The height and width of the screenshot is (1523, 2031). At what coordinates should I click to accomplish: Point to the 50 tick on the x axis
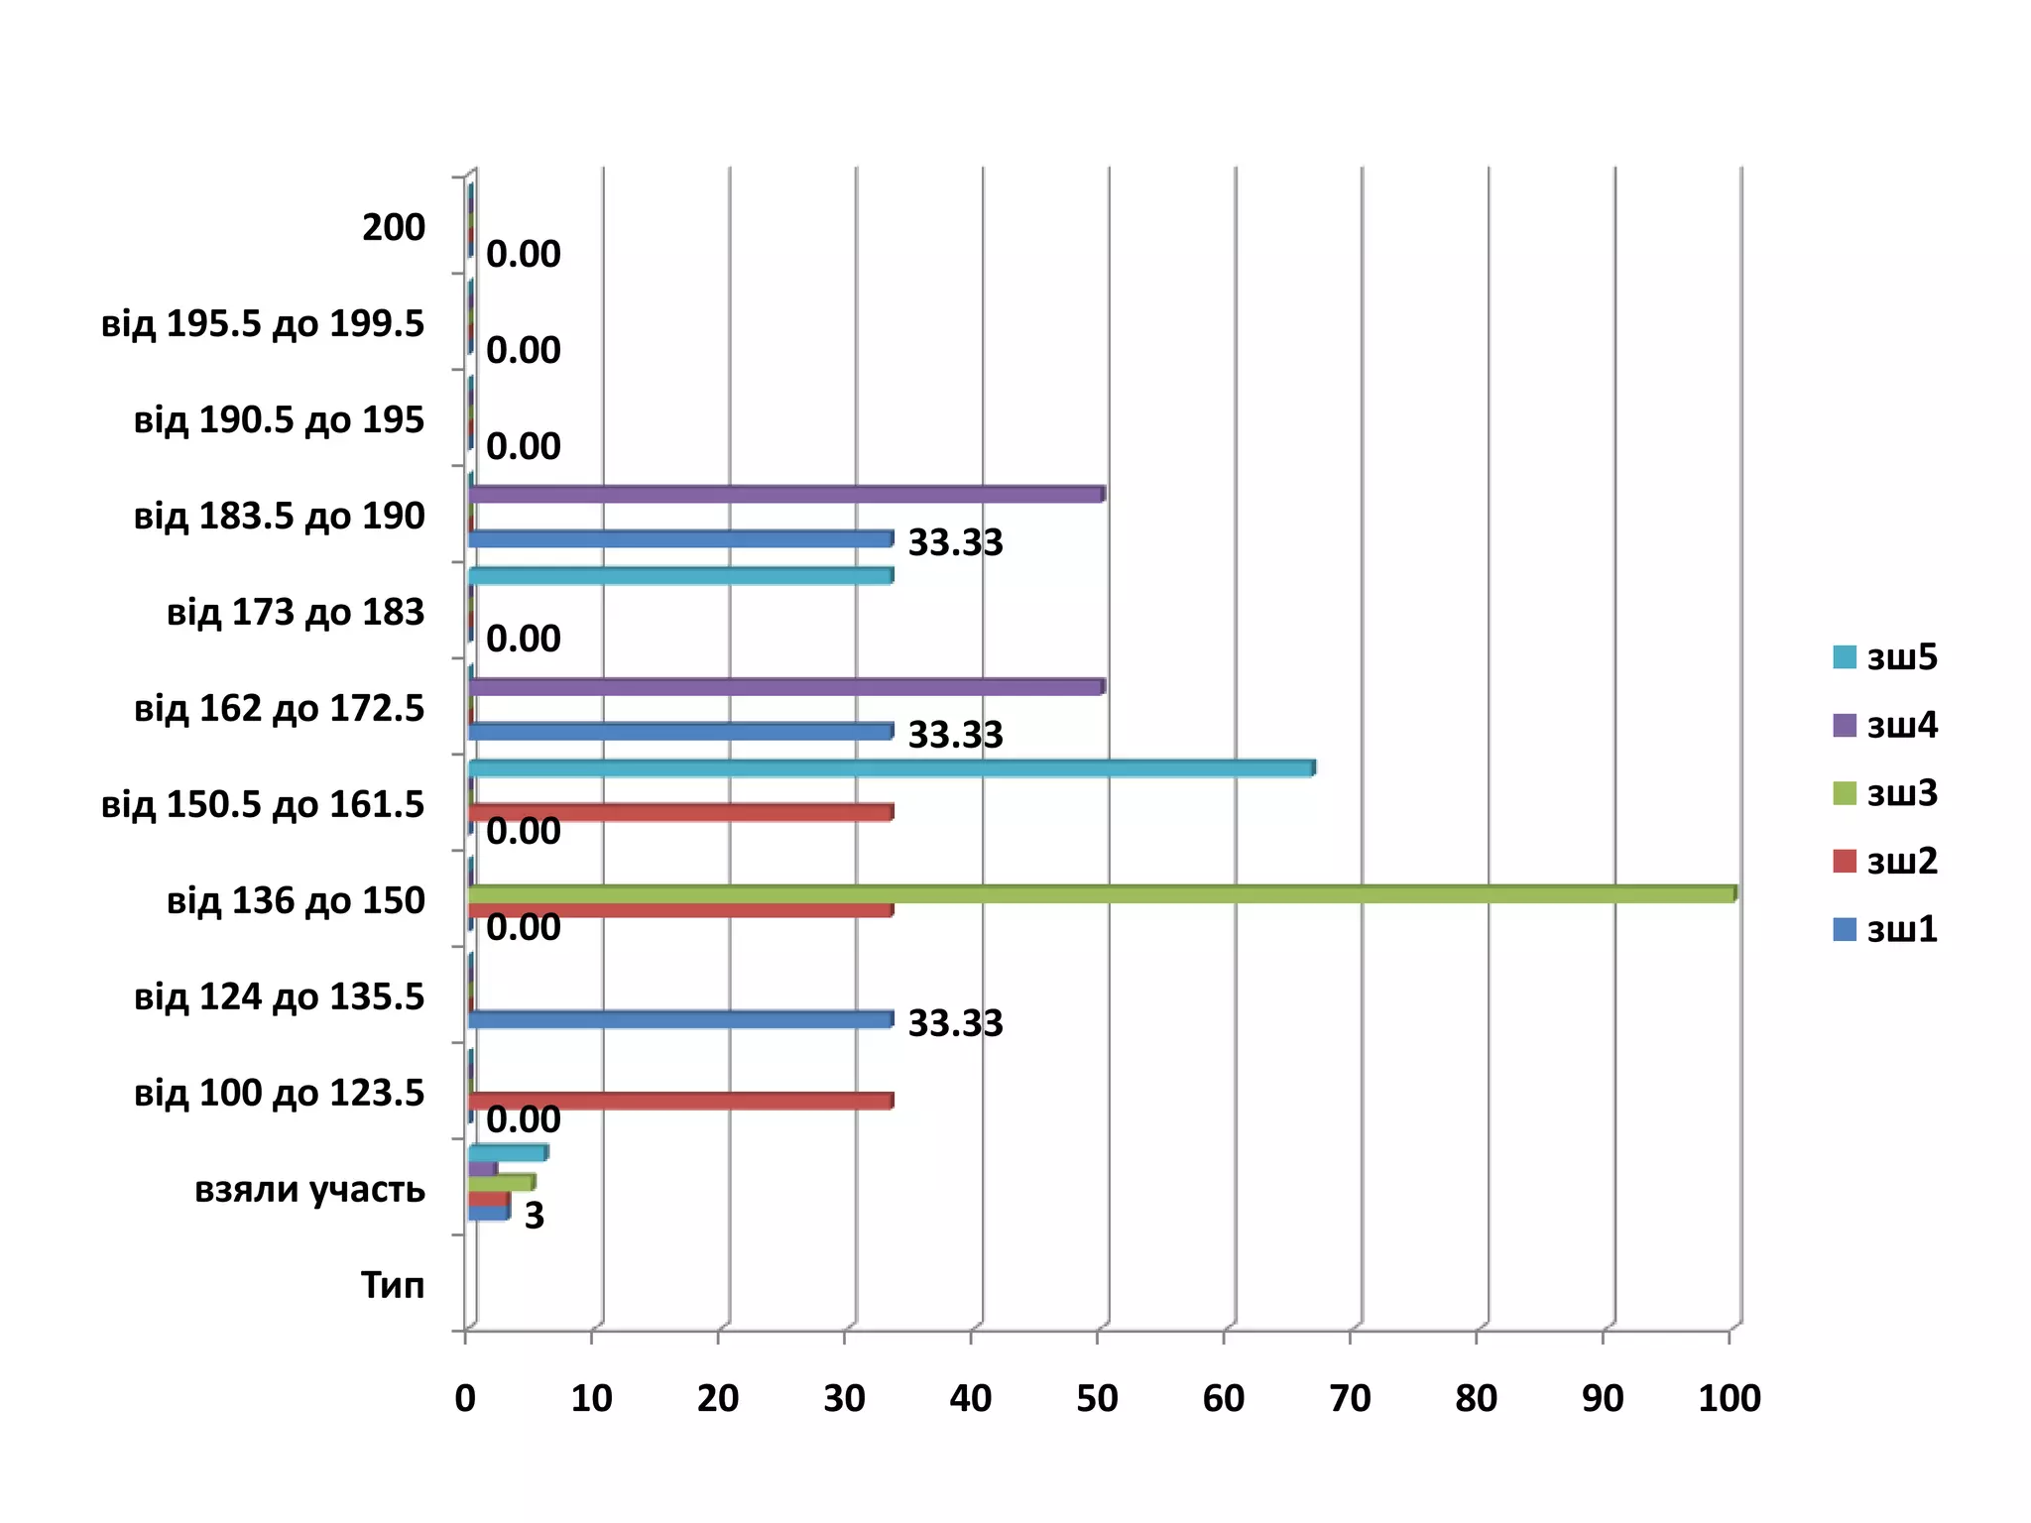click(x=1097, y=1398)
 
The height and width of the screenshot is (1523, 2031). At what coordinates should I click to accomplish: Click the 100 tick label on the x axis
click(x=1729, y=1398)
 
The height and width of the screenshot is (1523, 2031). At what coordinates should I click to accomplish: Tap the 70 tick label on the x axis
click(x=1350, y=1398)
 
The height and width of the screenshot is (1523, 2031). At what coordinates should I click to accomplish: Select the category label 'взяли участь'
click(x=309, y=1189)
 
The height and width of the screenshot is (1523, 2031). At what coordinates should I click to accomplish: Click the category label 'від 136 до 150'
click(x=296, y=900)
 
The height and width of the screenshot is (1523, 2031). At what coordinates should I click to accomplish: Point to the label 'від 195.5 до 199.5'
click(x=263, y=324)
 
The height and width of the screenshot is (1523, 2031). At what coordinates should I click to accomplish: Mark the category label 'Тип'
click(x=393, y=1285)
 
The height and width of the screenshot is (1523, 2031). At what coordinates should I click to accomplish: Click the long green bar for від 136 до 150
click(x=1101, y=894)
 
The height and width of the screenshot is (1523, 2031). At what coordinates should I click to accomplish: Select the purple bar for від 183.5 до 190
click(x=785, y=494)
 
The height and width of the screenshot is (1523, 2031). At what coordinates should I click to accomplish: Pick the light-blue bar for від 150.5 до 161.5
click(x=891, y=768)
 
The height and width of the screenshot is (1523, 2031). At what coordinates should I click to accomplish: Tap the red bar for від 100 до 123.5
click(x=680, y=1101)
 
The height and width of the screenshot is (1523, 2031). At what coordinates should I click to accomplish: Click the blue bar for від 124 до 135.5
click(x=680, y=1019)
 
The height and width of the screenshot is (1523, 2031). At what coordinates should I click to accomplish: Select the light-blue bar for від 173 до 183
click(x=680, y=576)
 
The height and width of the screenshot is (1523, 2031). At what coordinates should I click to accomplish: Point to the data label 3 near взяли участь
click(x=535, y=1216)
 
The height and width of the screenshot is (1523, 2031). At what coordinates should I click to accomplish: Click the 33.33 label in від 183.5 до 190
click(x=955, y=542)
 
